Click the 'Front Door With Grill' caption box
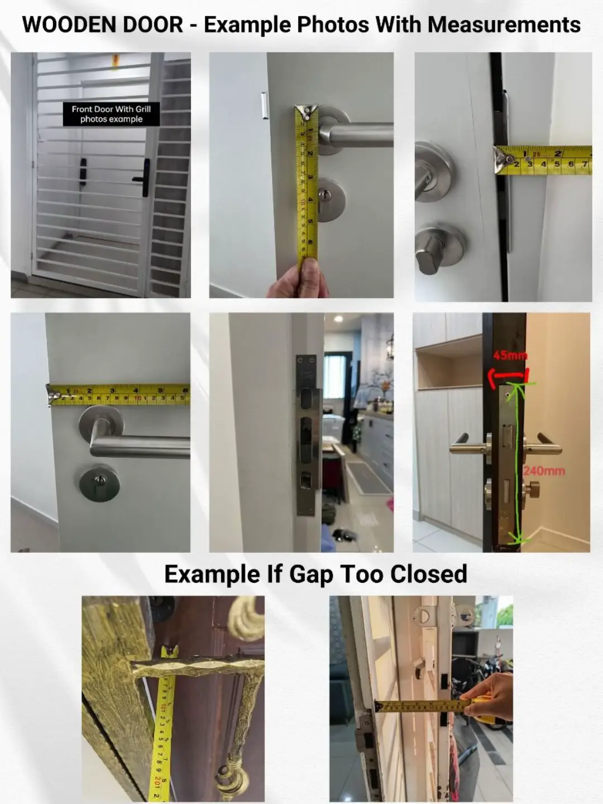(x=111, y=114)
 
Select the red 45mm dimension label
(x=510, y=356)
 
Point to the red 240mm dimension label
(x=544, y=471)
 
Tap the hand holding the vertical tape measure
(x=295, y=280)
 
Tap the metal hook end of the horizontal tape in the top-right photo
(x=504, y=160)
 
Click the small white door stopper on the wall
(x=264, y=106)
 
